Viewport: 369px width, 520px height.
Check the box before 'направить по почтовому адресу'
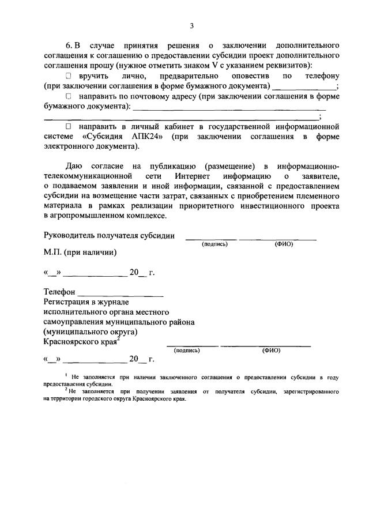point(68,96)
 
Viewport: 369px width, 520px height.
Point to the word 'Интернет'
point(195,175)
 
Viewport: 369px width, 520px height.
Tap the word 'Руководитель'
point(69,236)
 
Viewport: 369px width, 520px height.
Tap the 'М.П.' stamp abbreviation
point(54,253)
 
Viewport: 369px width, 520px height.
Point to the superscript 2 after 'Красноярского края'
point(118,339)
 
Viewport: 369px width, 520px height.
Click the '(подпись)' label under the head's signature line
point(214,244)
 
